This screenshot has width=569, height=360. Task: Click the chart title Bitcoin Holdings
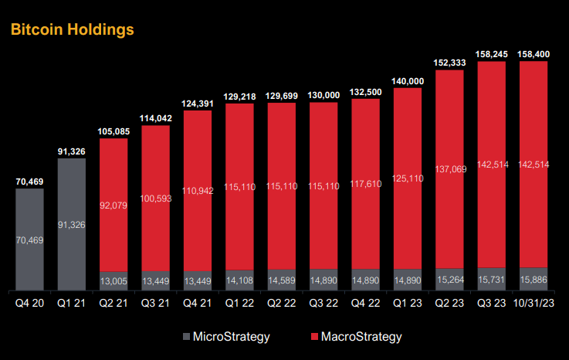[x=71, y=29]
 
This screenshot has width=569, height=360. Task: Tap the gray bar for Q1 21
[x=71, y=224]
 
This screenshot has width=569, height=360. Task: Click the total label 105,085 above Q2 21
[x=113, y=131]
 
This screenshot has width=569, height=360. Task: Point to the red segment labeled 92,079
[x=113, y=205]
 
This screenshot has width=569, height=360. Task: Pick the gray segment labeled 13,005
[x=113, y=280]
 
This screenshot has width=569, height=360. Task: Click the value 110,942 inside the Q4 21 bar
[x=198, y=189]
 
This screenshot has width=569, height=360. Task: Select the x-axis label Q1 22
[x=239, y=303]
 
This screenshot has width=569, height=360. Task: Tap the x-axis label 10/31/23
[x=534, y=303]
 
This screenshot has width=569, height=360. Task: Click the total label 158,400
[x=534, y=54]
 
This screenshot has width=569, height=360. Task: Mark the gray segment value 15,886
[x=534, y=279]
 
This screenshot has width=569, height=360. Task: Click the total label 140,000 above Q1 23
[x=408, y=81]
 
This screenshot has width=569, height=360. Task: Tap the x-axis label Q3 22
[x=323, y=303]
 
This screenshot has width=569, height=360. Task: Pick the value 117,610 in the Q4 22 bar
[x=366, y=184]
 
